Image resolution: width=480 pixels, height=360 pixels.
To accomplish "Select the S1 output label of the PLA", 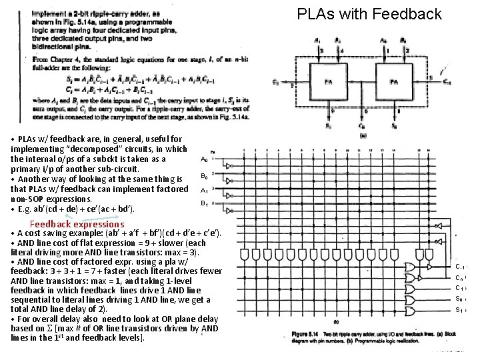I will pyautogui.click(x=459, y=310).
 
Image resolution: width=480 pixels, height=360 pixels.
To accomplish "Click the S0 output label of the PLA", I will pyautogui.click(x=459, y=299).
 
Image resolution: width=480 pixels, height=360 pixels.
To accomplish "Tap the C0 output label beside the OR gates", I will pyautogui.click(x=459, y=277).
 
